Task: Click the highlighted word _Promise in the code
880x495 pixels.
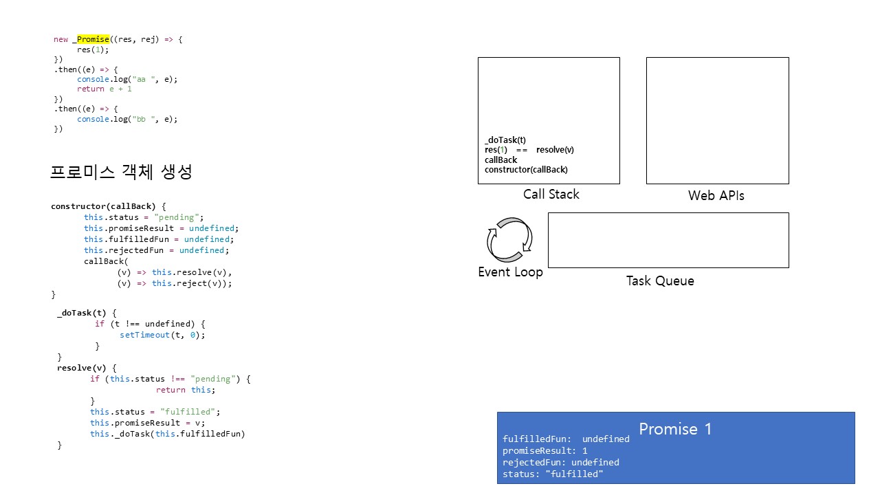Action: point(93,39)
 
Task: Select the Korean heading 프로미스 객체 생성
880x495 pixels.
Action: point(121,172)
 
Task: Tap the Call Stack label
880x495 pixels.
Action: point(551,195)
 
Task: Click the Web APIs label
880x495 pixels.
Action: point(716,196)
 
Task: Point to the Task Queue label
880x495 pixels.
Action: point(660,281)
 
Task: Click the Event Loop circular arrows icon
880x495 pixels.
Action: point(509,240)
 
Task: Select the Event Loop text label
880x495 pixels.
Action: point(510,272)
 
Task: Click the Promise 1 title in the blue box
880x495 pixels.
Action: point(675,429)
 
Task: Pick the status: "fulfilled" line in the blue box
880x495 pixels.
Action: point(553,474)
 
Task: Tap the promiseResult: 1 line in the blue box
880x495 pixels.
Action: point(545,451)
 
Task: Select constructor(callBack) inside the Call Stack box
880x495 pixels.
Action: point(526,170)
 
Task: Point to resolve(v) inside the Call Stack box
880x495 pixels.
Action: point(555,150)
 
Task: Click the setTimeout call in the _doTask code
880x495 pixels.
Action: point(162,335)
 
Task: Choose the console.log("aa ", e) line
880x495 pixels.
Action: point(127,79)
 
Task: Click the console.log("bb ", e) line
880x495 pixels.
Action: point(127,119)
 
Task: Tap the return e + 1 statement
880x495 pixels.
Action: point(104,89)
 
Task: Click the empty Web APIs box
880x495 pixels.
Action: point(717,120)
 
